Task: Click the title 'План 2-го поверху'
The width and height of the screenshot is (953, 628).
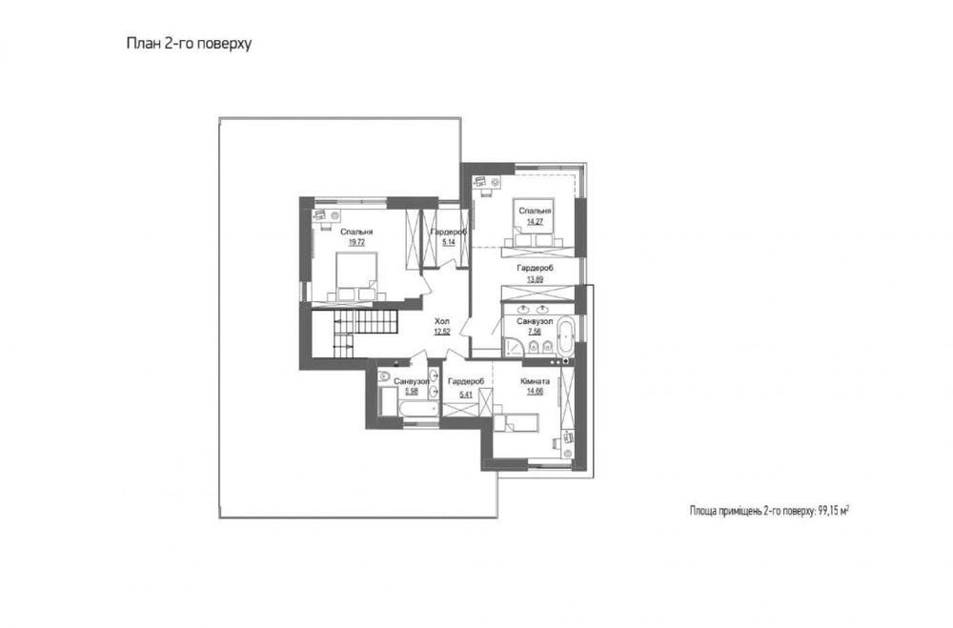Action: click(x=189, y=44)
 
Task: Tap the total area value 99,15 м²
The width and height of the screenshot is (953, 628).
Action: click(x=833, y=511)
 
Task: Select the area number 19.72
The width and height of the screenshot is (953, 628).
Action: click(x=356, y=242)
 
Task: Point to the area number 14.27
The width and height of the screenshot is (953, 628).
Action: click(x=535, y=221)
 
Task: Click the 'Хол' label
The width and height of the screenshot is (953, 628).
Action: click(x=442, y=321)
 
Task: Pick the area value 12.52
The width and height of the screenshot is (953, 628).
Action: click(x=442, y=332)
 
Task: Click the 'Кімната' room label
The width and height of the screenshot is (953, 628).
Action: click(x=535, y=381)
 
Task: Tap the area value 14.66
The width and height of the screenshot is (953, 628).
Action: click(x=535, y=392)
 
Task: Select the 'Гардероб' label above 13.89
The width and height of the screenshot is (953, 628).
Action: click(x=535, y=268)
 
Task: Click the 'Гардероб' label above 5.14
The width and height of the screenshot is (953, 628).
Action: click(x=449, y=233)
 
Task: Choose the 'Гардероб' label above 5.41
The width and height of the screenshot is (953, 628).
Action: click(x=466, y=381)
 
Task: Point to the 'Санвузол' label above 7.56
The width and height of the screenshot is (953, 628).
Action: click(x=535, y=321)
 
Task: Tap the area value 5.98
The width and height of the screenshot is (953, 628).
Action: click(x=412, y=392)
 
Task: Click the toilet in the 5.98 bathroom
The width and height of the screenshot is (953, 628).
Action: click(x=384, y=377)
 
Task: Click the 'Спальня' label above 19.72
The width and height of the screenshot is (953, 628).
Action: click(x=356, y=232)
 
